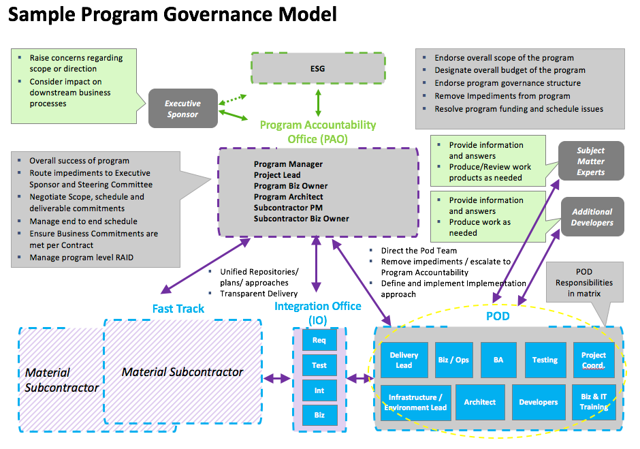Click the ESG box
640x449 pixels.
tap(318, 69)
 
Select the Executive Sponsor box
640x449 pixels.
tap(182, 108)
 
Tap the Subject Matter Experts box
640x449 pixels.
tap(590, 161)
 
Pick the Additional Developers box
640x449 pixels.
tap(592, 217)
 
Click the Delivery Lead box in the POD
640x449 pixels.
tap(404, 360)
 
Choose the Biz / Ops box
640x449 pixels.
tap(453, 360)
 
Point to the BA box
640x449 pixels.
tap(498, 360)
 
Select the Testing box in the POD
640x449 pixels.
tap(545, 360)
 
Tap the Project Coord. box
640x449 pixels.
tap(593, 360)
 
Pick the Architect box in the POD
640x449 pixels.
tap(479, 402)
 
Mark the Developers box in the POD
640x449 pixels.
tap(538, 402)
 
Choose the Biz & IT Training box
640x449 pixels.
tap(594, 402)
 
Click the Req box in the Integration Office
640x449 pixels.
tap(319, 340)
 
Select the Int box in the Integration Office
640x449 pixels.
tap(319, 390)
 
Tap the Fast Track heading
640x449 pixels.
tap(178, 309)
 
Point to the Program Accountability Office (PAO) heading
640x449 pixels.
tap(318, 132)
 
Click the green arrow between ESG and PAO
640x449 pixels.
tap(318, 103)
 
